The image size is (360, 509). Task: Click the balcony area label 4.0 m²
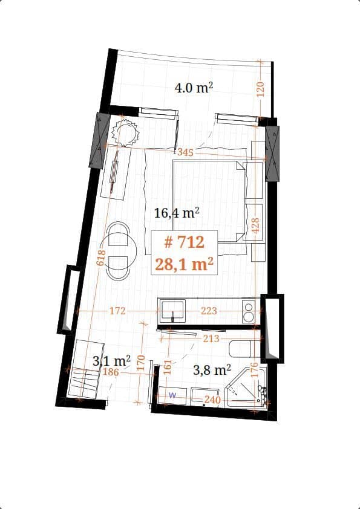click(194, 88)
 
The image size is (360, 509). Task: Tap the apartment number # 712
click(185, 242)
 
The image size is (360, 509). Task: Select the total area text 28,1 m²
click(185, 264)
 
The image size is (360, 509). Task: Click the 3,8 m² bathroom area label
click(212, 369)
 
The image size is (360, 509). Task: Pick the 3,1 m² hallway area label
click(112, 361)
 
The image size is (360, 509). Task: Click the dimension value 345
click(185, 153)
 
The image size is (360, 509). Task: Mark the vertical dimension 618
click(101, 259)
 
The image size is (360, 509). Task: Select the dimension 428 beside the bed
click(255, 227)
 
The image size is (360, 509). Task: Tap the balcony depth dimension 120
click(261, 88)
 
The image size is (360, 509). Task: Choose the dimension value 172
click(117, 311)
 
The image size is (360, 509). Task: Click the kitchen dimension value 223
click(209, 311)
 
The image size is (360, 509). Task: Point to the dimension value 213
click(211, 339)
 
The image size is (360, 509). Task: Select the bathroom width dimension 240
click(212, 400)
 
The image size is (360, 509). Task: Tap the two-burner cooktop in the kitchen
click(248, 311)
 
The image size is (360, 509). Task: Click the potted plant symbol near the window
click(125, 132)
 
